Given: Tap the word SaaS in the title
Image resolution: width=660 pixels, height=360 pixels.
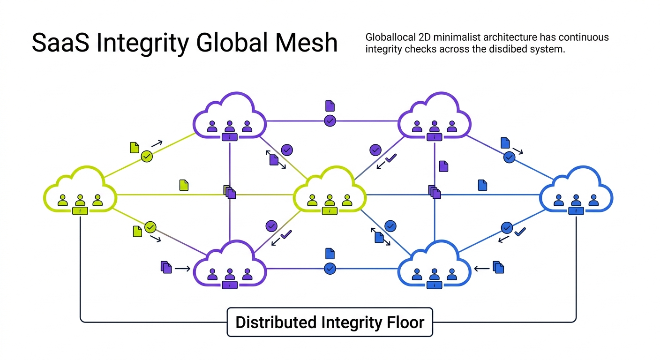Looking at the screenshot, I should pyautogui.click(x=59, y=43).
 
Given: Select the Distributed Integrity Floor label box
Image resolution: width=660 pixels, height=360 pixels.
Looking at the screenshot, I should pyautogui.click(x=330, y=322).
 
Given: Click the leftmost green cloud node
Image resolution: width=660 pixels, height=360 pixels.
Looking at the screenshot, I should pyautogui.click(x=80, y=192).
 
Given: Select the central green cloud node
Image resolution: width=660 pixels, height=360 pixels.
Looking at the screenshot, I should pyautogui.click(x=330, y=192).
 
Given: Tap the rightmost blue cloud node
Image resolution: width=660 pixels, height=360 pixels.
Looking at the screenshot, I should pyautogui.click(x=576, y=192).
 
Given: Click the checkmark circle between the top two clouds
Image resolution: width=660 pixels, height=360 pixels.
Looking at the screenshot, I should pyautogui.click(x=330, y=120).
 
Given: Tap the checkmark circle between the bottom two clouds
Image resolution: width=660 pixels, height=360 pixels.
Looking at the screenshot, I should pyautogui.click(x=330, y=269).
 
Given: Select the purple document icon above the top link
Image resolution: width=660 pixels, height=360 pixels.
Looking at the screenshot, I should pyautogui.click(x=330, y=105).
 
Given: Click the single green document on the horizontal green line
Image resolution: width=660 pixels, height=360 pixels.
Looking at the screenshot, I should pyautogui.click(x=184, y=185).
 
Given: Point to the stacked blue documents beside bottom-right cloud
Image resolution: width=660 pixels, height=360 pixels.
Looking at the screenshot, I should pyautogui.click(x=498, y=268).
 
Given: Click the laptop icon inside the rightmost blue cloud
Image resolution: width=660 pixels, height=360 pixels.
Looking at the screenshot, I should pyautogui.click(x=576, y=211).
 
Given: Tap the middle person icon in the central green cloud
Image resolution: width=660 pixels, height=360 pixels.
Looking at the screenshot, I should pyautogui.click(x=330, y=201).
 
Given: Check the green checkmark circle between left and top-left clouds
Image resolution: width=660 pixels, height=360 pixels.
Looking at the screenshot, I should pyautogui.click(x=147, y=156).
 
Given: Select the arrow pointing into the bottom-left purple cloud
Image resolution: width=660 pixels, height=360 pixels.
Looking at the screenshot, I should pyautogui.click(x=182, y=269).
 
